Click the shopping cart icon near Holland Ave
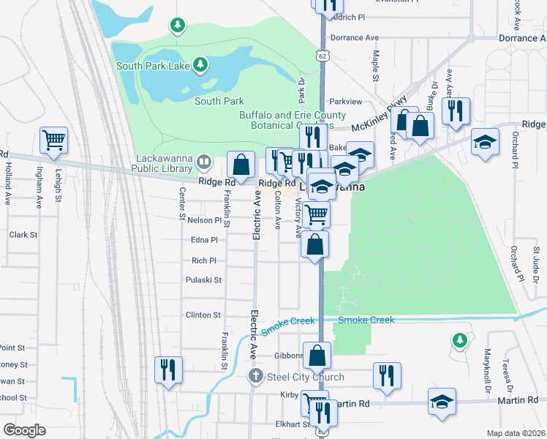54,140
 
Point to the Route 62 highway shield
322,56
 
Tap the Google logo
24,430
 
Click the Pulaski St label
206,279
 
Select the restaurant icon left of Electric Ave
168,369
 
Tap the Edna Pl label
204,239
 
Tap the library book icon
203,160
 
